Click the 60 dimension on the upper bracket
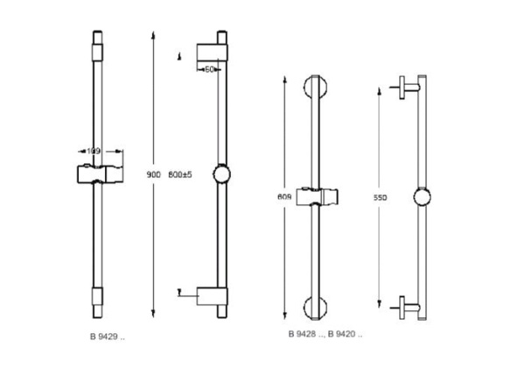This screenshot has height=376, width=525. tap(210, 68)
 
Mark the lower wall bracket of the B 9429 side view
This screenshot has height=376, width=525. tap(212, 296)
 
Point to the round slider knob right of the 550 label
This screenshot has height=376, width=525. tap(423, 197)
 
